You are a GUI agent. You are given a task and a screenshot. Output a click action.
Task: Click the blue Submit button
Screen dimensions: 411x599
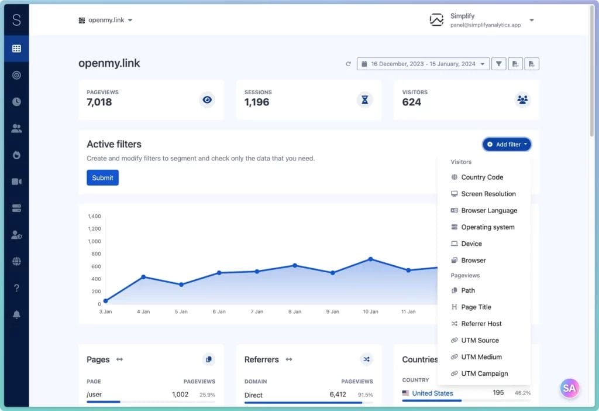(x=102, y=177)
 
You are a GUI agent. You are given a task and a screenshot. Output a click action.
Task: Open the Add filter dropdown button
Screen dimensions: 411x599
(x=507, y=144)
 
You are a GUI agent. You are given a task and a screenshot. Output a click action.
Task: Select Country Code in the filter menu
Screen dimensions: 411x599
(x=482, y=177)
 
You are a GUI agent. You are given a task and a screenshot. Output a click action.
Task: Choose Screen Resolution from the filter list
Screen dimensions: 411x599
(x=488, y=194)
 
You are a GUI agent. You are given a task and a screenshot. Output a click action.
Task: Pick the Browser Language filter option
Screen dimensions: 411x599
(x=489, y=210)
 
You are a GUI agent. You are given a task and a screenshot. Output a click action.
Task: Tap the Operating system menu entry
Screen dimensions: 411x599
(x=487, y=227)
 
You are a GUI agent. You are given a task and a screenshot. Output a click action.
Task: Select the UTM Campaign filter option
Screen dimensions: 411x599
(x=484, y=374)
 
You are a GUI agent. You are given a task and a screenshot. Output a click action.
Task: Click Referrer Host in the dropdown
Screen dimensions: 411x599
(x=481, y=324)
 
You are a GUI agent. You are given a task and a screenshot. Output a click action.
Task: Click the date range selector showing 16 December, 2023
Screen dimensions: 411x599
(x=423, y=64)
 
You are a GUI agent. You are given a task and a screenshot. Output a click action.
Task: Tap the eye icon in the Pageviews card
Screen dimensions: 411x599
(x=206, y=100)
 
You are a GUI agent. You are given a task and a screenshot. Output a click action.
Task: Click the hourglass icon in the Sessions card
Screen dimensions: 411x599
(x=364, y=100)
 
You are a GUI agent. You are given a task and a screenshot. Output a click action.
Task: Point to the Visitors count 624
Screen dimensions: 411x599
(x=412, y=102)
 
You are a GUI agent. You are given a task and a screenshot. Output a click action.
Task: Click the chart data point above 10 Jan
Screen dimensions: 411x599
(x=370, y=259)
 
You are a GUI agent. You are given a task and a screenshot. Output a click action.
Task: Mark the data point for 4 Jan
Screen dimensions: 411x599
(x=143, y=277)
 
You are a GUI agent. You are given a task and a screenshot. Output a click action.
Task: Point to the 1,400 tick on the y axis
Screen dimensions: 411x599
(x=94, y=216)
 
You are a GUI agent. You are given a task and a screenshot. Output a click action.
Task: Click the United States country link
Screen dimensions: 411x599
(x=432, y=393)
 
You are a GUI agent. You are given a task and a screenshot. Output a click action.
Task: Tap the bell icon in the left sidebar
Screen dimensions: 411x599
(x=16, y=314)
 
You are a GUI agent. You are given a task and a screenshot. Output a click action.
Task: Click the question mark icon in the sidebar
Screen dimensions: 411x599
(x=16, y=288)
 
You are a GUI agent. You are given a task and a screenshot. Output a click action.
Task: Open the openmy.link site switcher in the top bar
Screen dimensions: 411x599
(x=106, y=20)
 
